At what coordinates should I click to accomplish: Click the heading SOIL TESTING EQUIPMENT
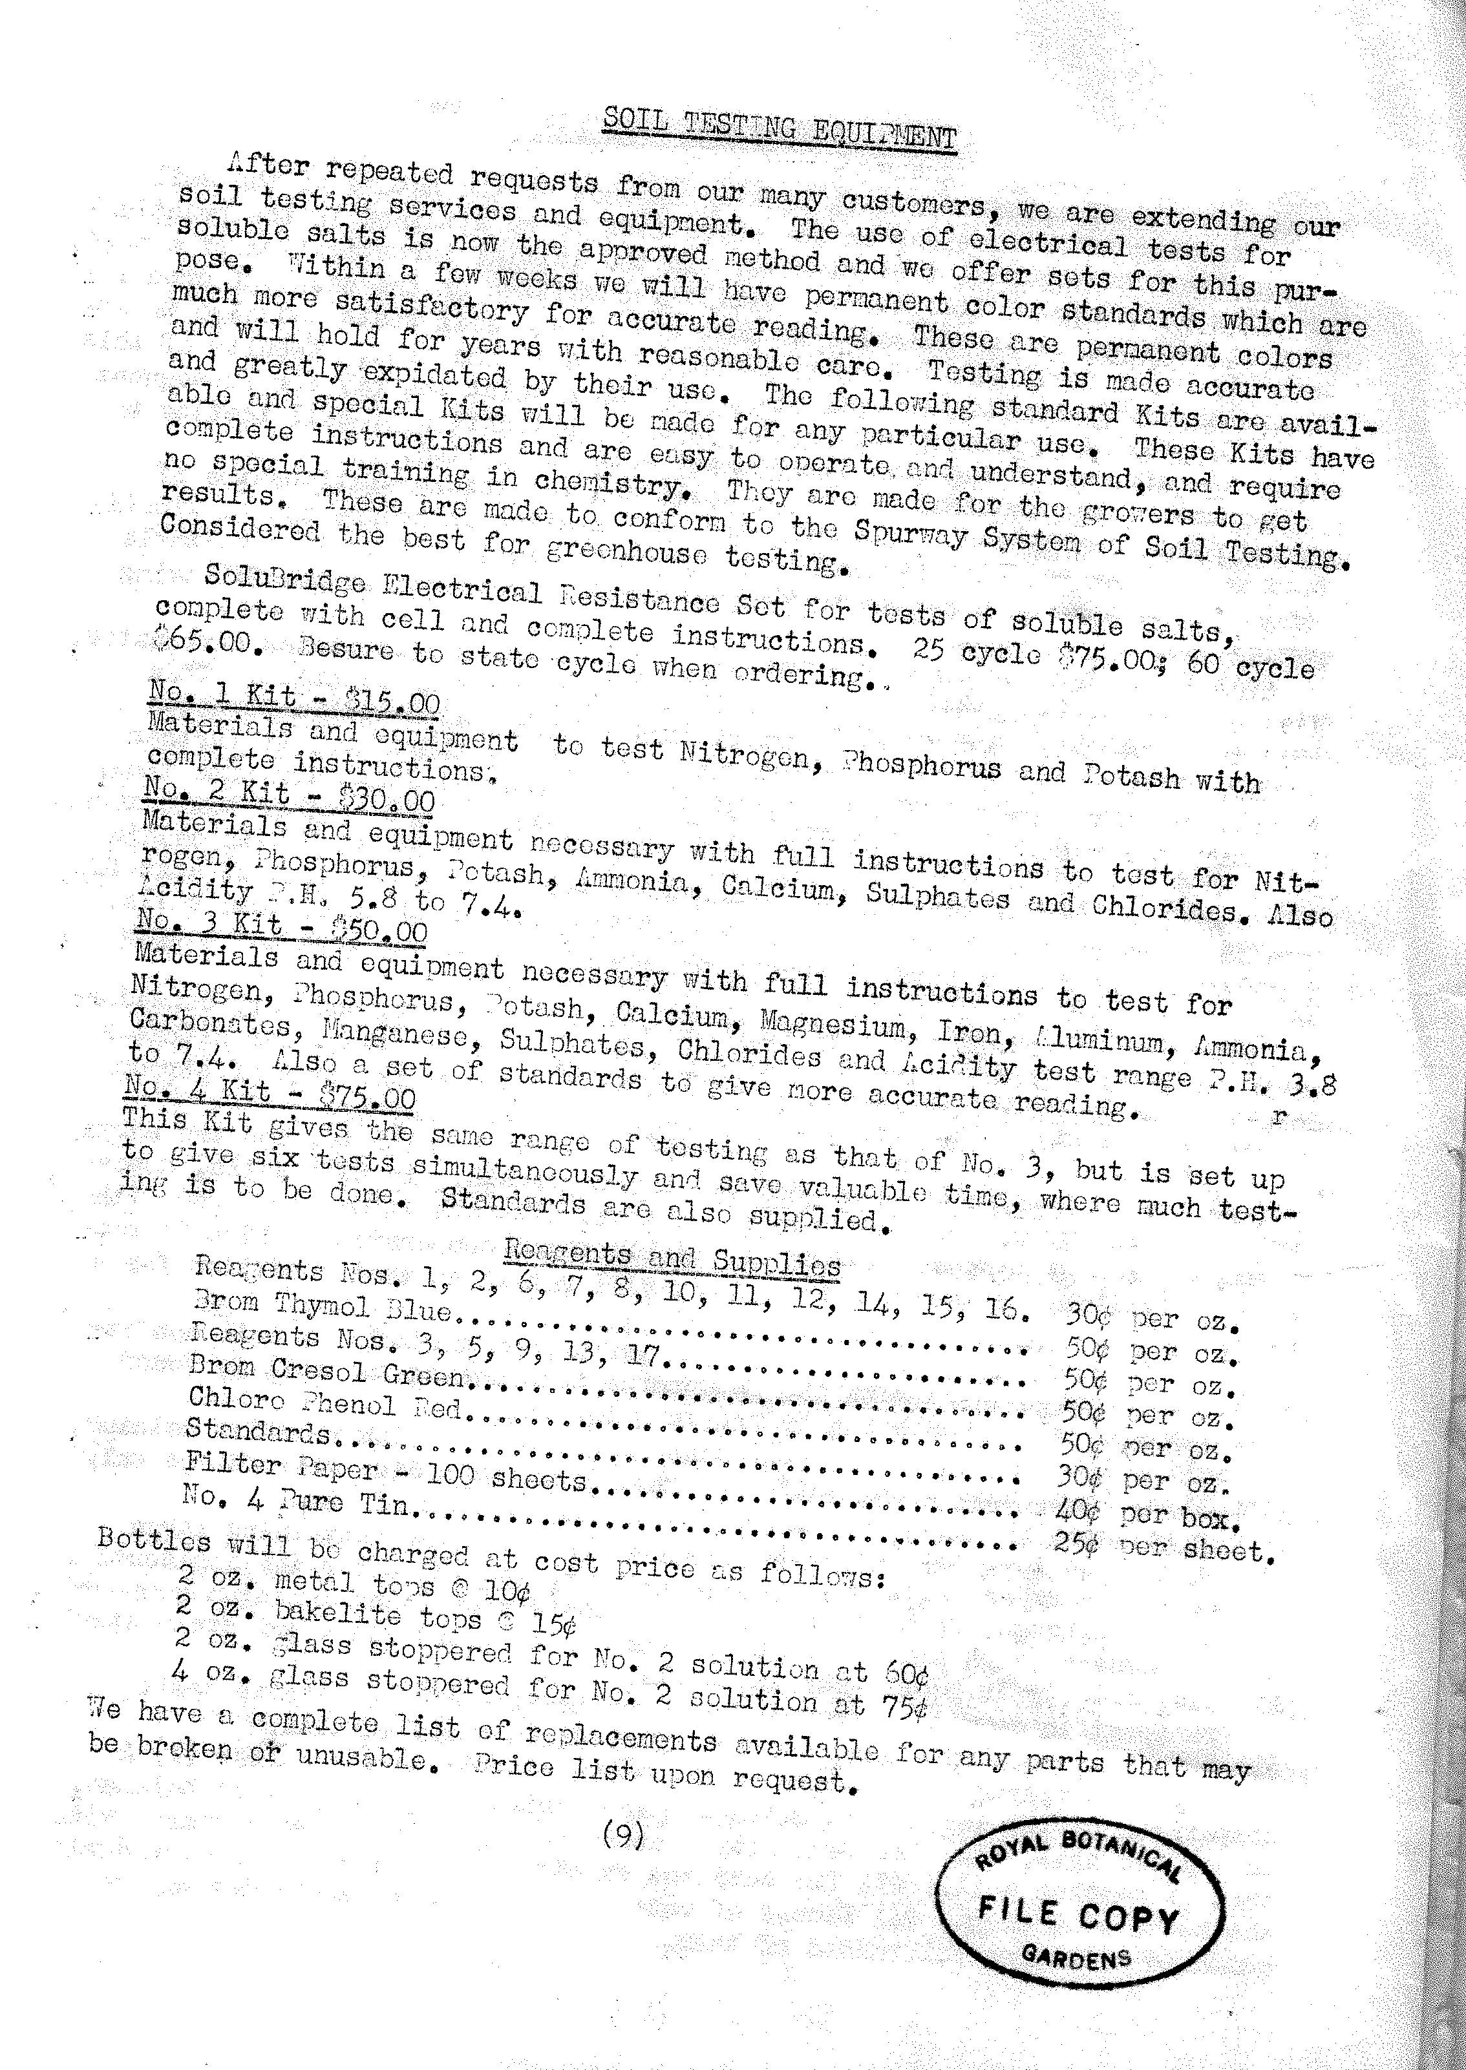tap(778, 129)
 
